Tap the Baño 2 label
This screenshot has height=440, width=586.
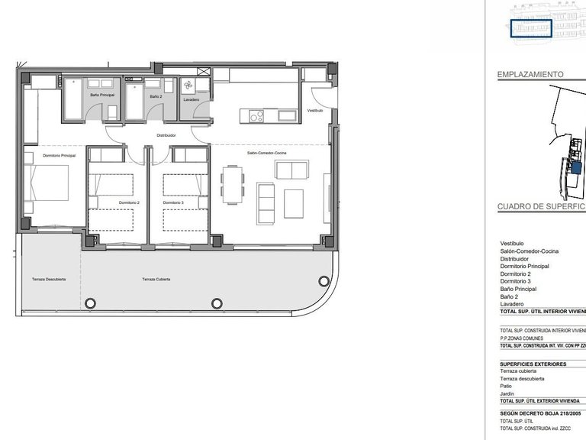coord(156,97)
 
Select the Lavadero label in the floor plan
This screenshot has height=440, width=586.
coord(192,100)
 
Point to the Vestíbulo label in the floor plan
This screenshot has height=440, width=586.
coord(315,111)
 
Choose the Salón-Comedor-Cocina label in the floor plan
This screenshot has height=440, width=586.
coord(266,154)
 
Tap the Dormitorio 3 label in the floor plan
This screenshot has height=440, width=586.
coord(173,202)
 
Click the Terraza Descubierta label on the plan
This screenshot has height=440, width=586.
coord(49,280)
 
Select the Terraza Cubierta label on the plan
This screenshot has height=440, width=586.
coord(156,280)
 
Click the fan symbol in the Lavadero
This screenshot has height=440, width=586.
coord(190,86)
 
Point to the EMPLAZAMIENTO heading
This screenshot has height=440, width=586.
coord(530,75)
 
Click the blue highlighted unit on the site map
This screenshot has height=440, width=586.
coord(575,167)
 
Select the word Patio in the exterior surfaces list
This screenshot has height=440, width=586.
coord(507,386)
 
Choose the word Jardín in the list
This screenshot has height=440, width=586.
coord(507,393)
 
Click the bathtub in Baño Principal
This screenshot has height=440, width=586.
coord(74,99)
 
